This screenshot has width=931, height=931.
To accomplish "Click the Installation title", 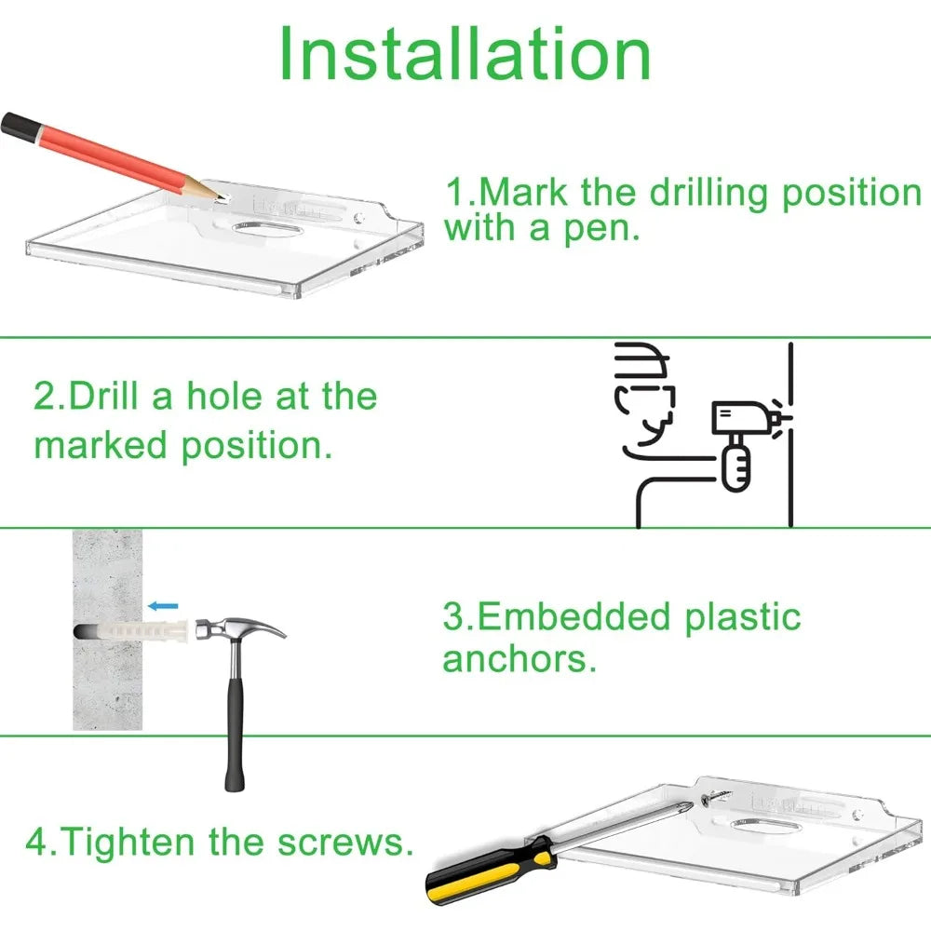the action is tap(465, 53).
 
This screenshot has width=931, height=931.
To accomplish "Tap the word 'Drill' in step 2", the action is tap(104, 396).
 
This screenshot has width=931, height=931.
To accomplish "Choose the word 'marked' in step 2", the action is tap(101, 445).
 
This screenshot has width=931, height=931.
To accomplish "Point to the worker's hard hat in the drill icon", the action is tap(642, 362).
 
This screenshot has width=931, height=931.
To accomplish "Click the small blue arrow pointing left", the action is tap(163, 606).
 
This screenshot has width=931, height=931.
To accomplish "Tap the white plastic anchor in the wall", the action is tap(142, 630).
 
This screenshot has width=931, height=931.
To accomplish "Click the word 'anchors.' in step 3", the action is tap(519, 660).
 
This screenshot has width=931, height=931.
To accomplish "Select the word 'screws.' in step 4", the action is tap(345, 843).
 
